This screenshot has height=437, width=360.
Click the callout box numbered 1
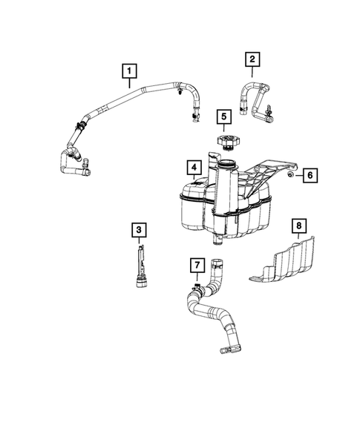(130, 71)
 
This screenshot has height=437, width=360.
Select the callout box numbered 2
(253, 58)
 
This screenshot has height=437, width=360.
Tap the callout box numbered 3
(138, 230)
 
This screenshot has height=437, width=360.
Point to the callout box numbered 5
(223, 116)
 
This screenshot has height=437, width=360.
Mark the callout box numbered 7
(196, 265)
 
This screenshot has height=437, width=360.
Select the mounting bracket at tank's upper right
(267, 174)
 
